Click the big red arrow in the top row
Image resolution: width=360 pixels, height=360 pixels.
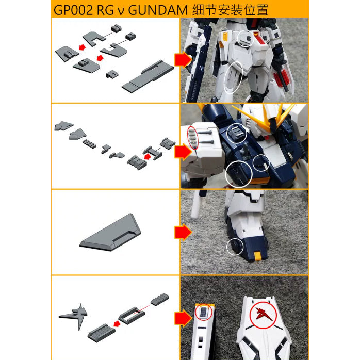point(183,60)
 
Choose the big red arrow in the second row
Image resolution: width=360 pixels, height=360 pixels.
point(183,152)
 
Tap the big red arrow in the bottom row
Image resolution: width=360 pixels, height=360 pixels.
point(183,318)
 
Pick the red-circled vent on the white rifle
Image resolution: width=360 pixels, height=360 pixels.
point(204,313)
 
